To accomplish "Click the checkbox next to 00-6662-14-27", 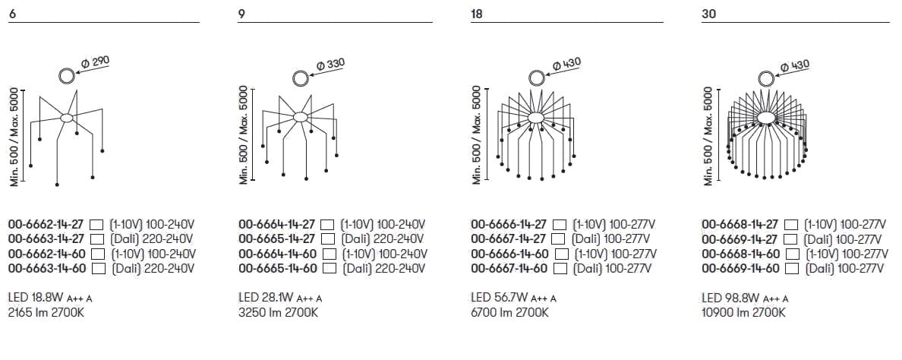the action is tap(97, 224).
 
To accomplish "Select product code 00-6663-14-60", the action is tap(47, 268).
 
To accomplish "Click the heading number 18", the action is tap(476, 14).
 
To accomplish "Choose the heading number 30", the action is tap(708, 14).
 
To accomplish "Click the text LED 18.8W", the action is tap(36, 298).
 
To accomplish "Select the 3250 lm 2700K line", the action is tap(279, 313).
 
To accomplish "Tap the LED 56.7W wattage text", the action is tap(500, 298).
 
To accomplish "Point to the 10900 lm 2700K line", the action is tap(743, 313).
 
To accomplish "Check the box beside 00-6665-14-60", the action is tap(330, 268).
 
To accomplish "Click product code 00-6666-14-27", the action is tap(509, 224).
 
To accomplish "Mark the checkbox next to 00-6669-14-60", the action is tap(792, 268).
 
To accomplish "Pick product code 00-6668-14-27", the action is tap(740, 224).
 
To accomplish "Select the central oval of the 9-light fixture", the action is tap(300, 117).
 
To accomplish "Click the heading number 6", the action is tap(11, 14).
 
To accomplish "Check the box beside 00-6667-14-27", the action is tap(558, 238).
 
